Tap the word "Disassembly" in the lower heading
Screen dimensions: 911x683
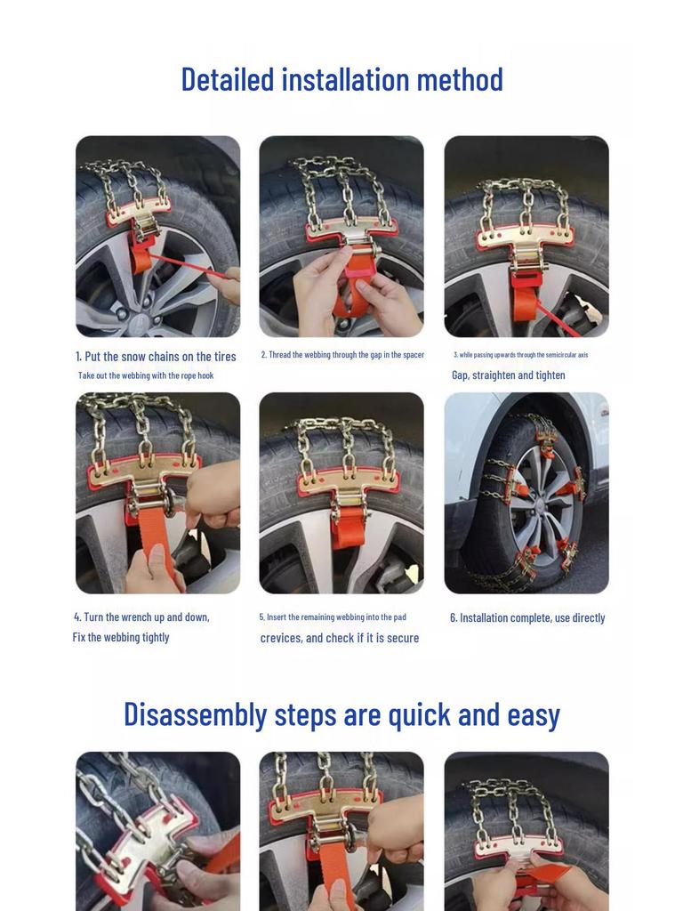pos(195,714)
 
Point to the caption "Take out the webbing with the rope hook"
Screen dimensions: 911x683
pos(146,375)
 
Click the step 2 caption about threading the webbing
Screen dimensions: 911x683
pos(342,355)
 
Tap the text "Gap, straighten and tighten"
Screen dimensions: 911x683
pos(508,375)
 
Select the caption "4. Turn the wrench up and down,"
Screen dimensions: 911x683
pos(141,617)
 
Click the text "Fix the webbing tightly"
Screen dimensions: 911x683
pos(121,638)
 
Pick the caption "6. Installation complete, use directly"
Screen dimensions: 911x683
pos(527,618)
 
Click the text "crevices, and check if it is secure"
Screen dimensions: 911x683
pos(340,639)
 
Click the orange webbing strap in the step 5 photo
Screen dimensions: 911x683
pos(349,535)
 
